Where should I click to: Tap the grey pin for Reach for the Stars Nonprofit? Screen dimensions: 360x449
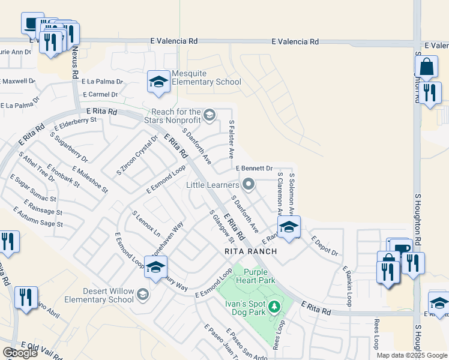[209, 115]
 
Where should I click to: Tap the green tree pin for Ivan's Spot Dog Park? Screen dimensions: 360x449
[274, 307]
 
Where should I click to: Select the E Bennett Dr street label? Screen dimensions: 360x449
[254, 169]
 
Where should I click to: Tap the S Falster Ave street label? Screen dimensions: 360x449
[231, 139]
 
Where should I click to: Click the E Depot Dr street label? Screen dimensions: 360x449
[325, 245]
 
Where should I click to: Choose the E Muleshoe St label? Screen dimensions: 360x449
[89, 179]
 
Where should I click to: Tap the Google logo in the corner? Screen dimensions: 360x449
[20, 353]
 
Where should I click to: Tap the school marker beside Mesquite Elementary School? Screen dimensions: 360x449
[158, 82]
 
